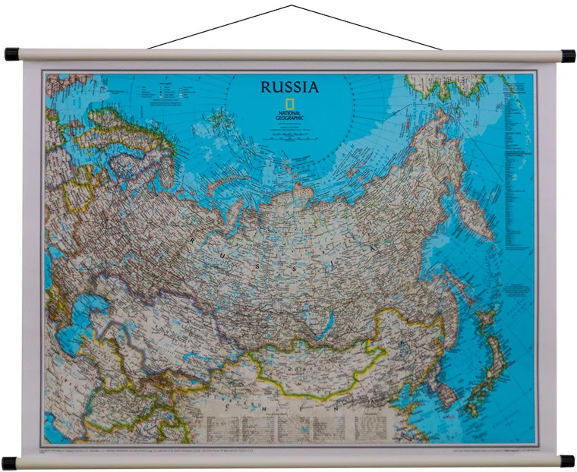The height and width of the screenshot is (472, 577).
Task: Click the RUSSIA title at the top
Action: pyautogui.click(x=289, y=87)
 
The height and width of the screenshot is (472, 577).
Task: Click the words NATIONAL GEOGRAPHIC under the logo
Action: pyautogui.click(x=289, y=115)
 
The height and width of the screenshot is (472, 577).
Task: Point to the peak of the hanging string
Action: pyautogui.click(x=291, y=6)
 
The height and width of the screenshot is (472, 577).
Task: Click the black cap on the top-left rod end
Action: pyautogui.click(x=11, y=55)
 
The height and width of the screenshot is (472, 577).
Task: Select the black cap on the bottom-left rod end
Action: pyautogui.click(x=9, y=462)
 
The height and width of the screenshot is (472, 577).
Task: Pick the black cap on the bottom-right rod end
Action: pyautogui.click(x=566, y=461)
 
